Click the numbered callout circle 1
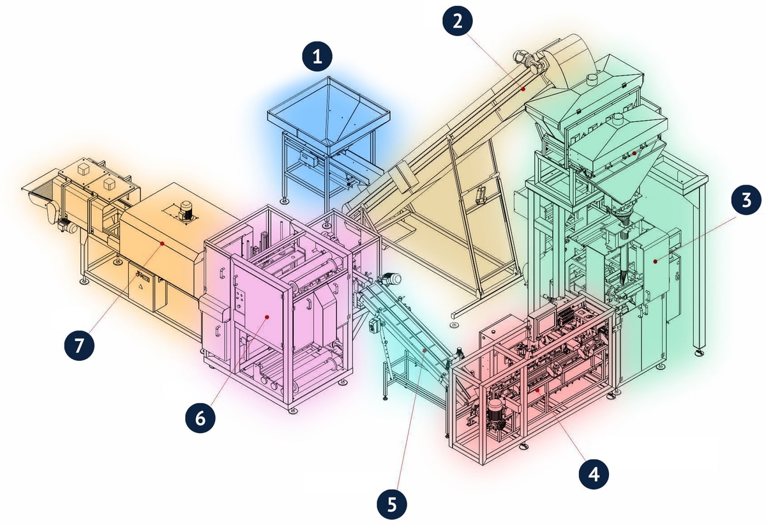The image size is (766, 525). pos(317,56)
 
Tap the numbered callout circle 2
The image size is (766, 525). pos(458,21)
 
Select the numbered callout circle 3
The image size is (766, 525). pos(746,199)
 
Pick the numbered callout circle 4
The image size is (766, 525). pos(594,474)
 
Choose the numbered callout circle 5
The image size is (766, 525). pos(392,505)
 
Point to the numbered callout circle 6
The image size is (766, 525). pos(200,418)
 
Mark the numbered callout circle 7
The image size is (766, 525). pos(79,345)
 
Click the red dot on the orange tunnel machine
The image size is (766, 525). pos(162,243)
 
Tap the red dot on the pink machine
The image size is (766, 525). pos(267,317)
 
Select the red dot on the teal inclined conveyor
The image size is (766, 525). pos(424,350)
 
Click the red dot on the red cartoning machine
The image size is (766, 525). pos(537,390)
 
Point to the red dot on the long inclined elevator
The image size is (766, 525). pos(523,89)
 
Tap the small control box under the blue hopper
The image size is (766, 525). pos(307,159)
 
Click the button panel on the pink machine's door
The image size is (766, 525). pos(241,297)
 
